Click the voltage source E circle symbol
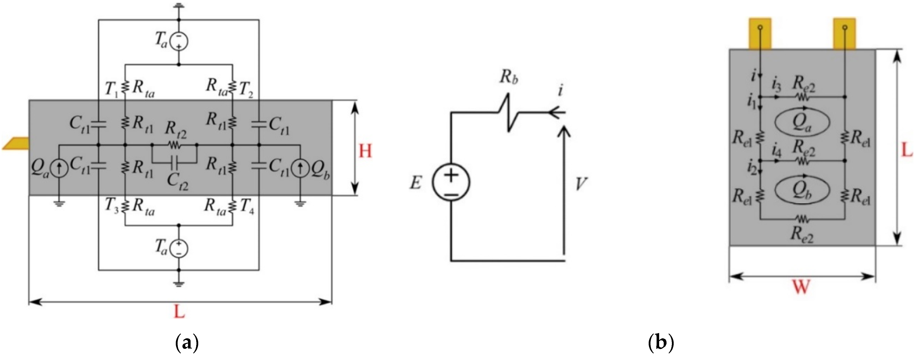[x=451, y=182]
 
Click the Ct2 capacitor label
[x=178, y=182]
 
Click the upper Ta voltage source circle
[x=179, y=42]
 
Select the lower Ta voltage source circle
[x=179, y=248]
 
